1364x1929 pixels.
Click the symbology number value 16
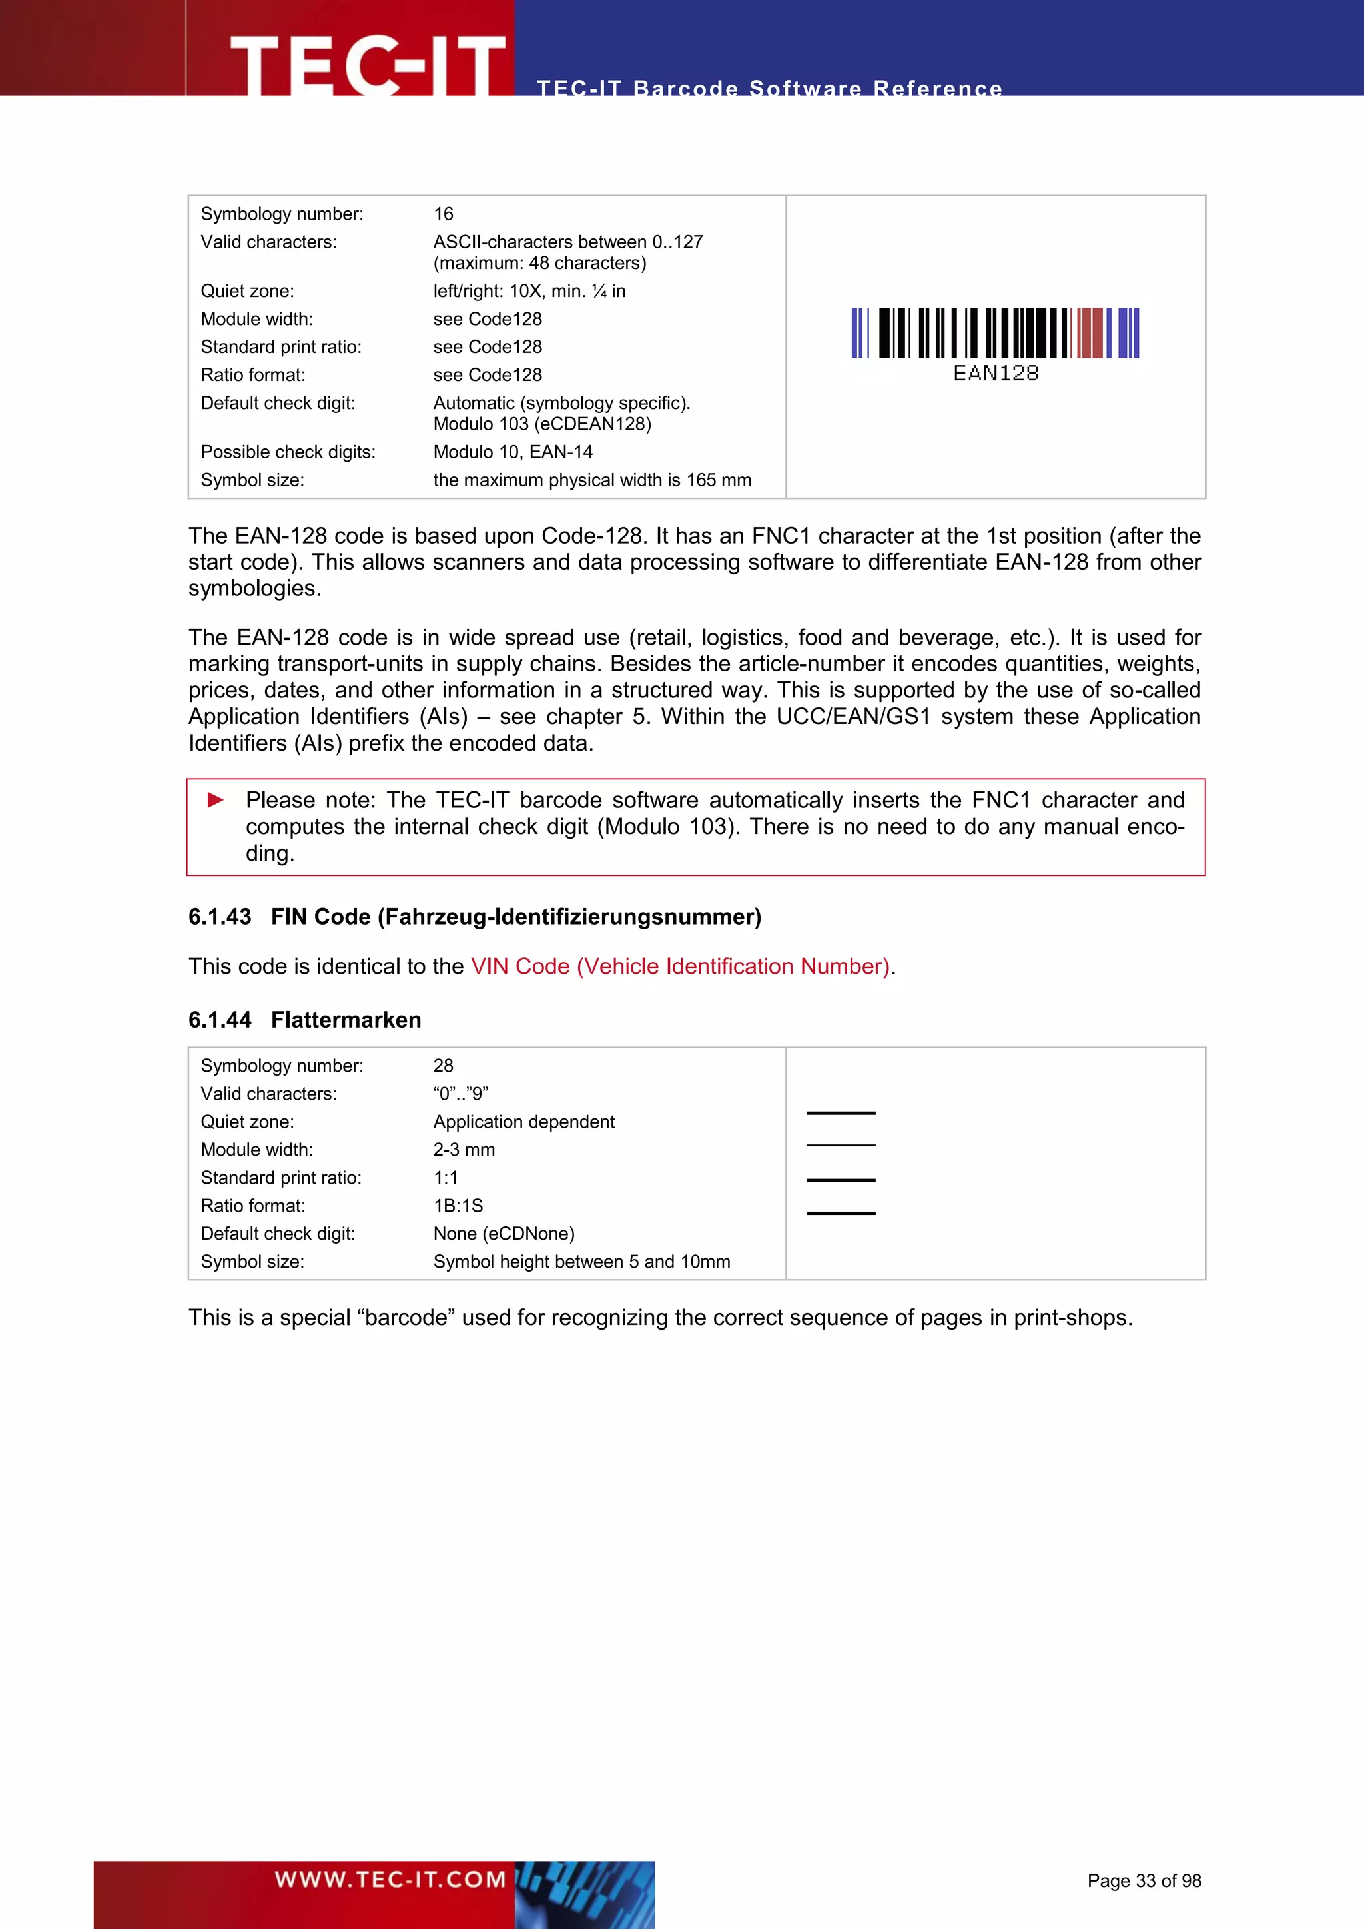(443, 214)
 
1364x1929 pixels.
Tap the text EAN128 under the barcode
(995, 373)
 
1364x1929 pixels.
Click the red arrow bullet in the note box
(216, 799)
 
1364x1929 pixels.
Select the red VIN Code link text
(679, 966)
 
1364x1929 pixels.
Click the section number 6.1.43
(219, 917)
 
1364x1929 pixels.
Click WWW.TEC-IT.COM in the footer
(390, 1878)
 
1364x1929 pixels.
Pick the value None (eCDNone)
(504, 1234)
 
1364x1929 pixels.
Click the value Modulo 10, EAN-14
(512, 452)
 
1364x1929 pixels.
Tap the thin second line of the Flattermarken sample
(840, 1145)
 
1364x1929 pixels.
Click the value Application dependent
(523, 1122)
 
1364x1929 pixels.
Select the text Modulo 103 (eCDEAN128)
(541, 424)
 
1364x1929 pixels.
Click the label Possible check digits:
(287, 452)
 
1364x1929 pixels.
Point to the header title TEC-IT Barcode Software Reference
(769, 87)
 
